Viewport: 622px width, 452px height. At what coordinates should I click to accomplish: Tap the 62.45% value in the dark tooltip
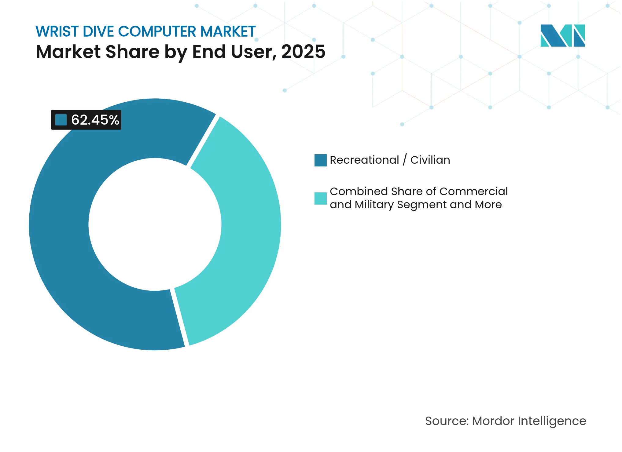point(95,120)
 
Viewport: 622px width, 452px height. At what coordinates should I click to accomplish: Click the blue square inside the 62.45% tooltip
point(61,120)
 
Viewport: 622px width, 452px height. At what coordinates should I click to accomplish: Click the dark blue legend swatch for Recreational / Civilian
point(320,160)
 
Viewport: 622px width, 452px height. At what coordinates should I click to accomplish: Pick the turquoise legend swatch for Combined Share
point(320,198)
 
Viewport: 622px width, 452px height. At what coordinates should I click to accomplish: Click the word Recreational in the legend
point(364,160)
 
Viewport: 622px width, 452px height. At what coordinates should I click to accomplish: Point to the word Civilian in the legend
point(430,160)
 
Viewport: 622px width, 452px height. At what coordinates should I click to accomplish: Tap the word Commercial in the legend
point(473,191)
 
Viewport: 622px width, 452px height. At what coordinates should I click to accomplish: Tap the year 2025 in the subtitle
point(303,52)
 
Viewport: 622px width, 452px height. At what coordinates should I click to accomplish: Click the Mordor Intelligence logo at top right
point(562,36)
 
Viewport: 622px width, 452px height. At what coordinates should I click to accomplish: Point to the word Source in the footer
point(446,421)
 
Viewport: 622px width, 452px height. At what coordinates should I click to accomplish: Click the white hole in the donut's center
point(155,224)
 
